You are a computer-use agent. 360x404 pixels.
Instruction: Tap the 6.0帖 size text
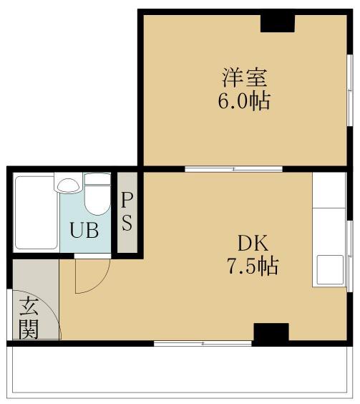pos(243,100)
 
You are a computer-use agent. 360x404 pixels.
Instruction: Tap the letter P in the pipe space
pos(126,198)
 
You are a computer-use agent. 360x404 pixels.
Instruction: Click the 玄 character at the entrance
pos(29,306)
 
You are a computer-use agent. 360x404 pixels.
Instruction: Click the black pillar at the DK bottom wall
pos(271,333)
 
